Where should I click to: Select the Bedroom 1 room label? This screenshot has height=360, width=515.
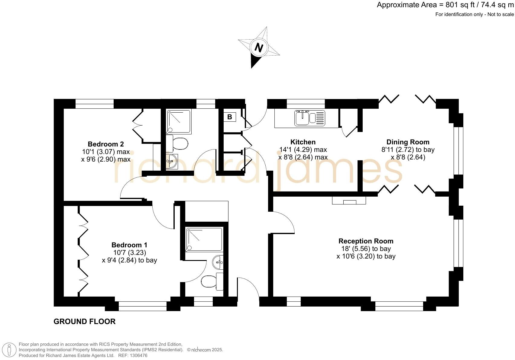129,245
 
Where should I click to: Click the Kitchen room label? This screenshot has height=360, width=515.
303,142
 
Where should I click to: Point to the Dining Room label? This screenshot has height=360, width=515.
408,142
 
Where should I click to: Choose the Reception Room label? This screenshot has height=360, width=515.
366,241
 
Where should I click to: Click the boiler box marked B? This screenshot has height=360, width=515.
230,117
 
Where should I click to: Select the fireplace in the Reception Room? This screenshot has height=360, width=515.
349,201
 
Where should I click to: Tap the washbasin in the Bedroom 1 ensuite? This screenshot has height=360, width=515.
219,262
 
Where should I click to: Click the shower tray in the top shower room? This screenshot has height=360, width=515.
179,121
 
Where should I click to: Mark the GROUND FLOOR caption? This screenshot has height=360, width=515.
84,321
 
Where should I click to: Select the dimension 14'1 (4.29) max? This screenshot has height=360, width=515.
303,149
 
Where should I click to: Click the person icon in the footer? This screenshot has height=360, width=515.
10,350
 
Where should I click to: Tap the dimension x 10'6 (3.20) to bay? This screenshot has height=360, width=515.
366,256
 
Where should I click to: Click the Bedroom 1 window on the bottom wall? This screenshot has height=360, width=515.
142,306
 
